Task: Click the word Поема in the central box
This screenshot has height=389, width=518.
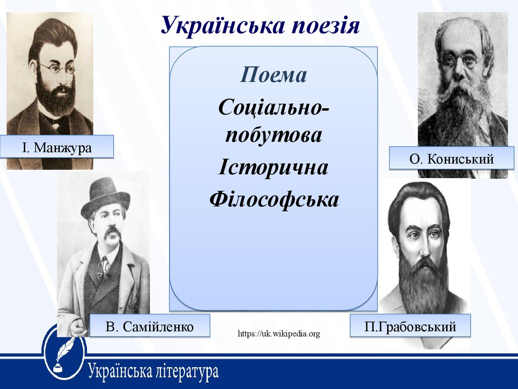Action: point(273,75)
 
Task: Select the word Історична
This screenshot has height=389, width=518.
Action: point(273,167)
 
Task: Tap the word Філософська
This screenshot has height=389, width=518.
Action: point(274,199)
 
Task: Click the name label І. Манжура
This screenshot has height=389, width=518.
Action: point(57,147)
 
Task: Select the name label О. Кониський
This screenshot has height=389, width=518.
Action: point(451,159)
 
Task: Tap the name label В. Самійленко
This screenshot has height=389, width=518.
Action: point(150,327)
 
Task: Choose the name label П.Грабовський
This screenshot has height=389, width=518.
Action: point(410,327)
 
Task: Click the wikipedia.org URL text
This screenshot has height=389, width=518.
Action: point(279,333)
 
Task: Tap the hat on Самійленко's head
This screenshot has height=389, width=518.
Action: point(105,198)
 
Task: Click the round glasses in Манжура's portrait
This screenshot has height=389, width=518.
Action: point(57,68)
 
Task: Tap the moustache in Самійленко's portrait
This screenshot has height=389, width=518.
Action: point(112,232)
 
